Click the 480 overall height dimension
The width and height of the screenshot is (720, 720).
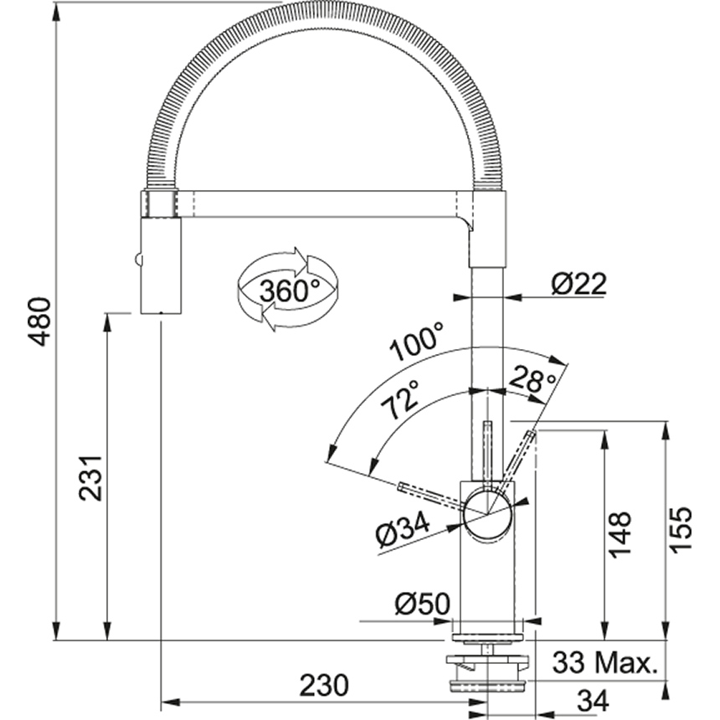pyautogui.click(x=39, y=321)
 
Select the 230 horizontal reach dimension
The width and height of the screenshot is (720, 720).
pyautogui.click(x=324, y=685)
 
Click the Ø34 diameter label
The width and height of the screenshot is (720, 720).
pyautogui.click(x=403, y=530)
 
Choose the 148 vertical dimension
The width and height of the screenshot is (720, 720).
pyautogui.click(x=620, y=534)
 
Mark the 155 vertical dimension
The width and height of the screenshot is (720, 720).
pyautogui.click(x=680, y=529)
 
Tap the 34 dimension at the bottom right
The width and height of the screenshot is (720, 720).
pyautogui.click(x=593, y=701)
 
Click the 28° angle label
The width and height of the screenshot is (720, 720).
pyautogui.click(x=532, y=378)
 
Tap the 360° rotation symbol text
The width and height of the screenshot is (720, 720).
pyautogui.click(x=290, y=291)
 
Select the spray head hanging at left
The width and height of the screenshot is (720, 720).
pyautogui.click(x=161, y=266)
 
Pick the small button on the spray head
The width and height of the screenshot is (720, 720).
pyautogui.click(x=137, y=260)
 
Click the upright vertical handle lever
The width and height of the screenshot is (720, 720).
pyautogui.click(x=487, y=455)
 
